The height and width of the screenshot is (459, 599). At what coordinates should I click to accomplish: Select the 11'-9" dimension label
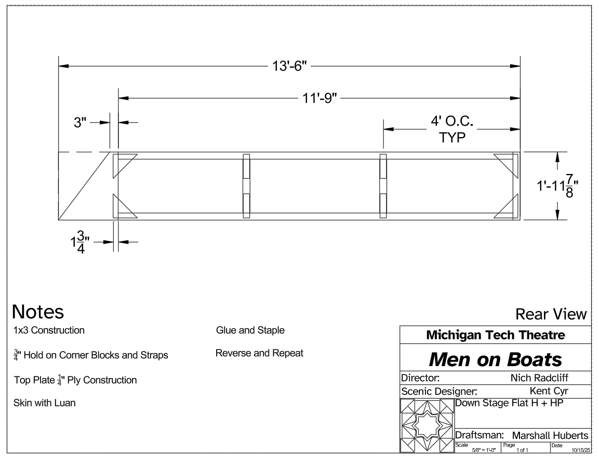(318, 98)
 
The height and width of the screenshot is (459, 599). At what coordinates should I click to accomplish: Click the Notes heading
(38, 312)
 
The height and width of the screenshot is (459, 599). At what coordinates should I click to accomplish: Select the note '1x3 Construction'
(49, 330)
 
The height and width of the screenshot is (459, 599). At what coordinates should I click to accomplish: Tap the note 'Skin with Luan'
(44, 403)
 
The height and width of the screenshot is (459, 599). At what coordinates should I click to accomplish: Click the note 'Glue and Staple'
(250, 330)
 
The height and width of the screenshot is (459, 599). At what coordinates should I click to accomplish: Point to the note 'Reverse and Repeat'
(259, 353)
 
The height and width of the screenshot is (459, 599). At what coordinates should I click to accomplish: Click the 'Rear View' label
(551, 314)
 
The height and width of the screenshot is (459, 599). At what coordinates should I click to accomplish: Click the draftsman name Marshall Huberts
(550, 435)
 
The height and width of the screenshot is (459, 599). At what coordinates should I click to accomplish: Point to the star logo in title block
(426, 425)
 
